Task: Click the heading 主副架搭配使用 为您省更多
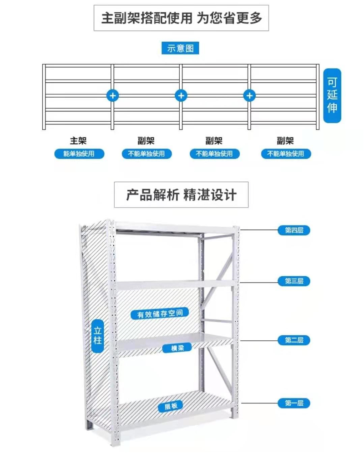coord(182,18)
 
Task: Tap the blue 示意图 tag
coord(181,48)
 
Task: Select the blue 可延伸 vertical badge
coord(332,95)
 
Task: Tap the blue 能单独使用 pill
coord(79,154)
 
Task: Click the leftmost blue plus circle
coord(113,95)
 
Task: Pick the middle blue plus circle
coord(181,95)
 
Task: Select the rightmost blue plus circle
coord(249,95)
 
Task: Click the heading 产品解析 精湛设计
coord(182,195)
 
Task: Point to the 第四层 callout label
coord(294,230)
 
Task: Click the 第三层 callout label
coord(294,281)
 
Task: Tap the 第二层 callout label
coord(294,340)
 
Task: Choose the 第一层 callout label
coord(294,403)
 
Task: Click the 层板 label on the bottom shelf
coord(171,406)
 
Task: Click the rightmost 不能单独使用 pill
coord(286,154)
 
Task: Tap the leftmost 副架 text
coord(146,141)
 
